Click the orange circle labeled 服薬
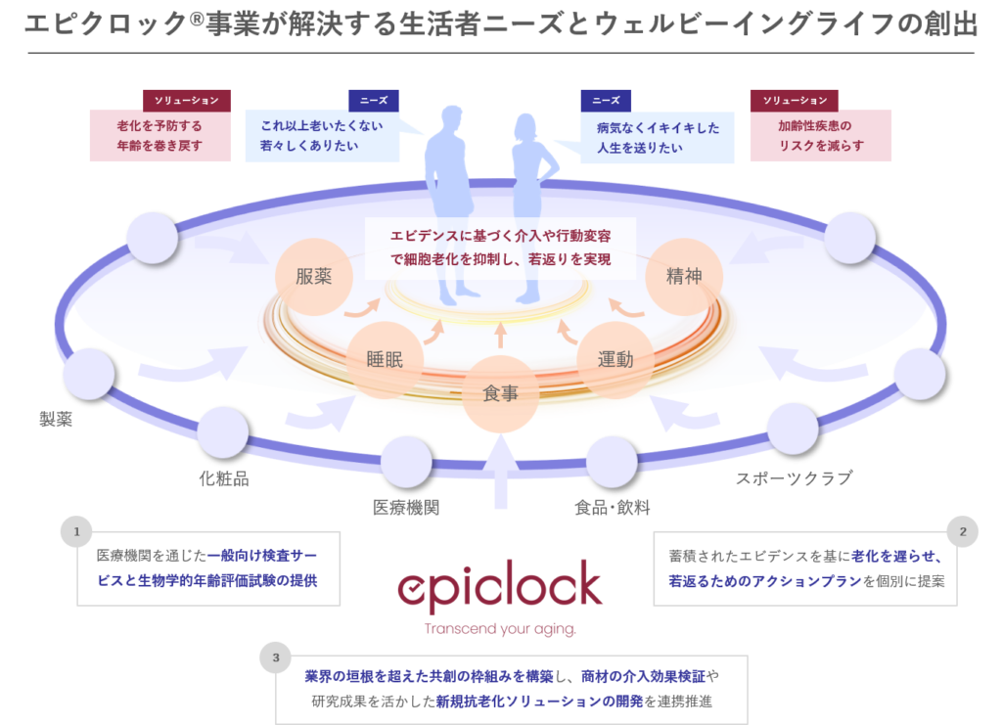[314, 277]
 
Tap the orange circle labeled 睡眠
[385, 360]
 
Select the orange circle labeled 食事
[500, 393]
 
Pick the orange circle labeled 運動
[615, 360]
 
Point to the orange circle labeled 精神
[684, 277]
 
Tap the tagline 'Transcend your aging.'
[500, 629]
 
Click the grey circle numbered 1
[76, 531]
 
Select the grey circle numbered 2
[963, 531]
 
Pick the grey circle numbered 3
[275, 657]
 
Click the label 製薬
[56, 419]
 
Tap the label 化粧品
[224, 478]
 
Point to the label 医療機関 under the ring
[406, 508]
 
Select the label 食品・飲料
[613, 508]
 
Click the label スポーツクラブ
[795, 478]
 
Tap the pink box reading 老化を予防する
[159, 135]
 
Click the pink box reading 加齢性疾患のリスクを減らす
[821, 135]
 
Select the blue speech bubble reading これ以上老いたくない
[323, 135]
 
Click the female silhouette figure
[530, 207]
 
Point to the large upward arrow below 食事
[500, 472]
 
